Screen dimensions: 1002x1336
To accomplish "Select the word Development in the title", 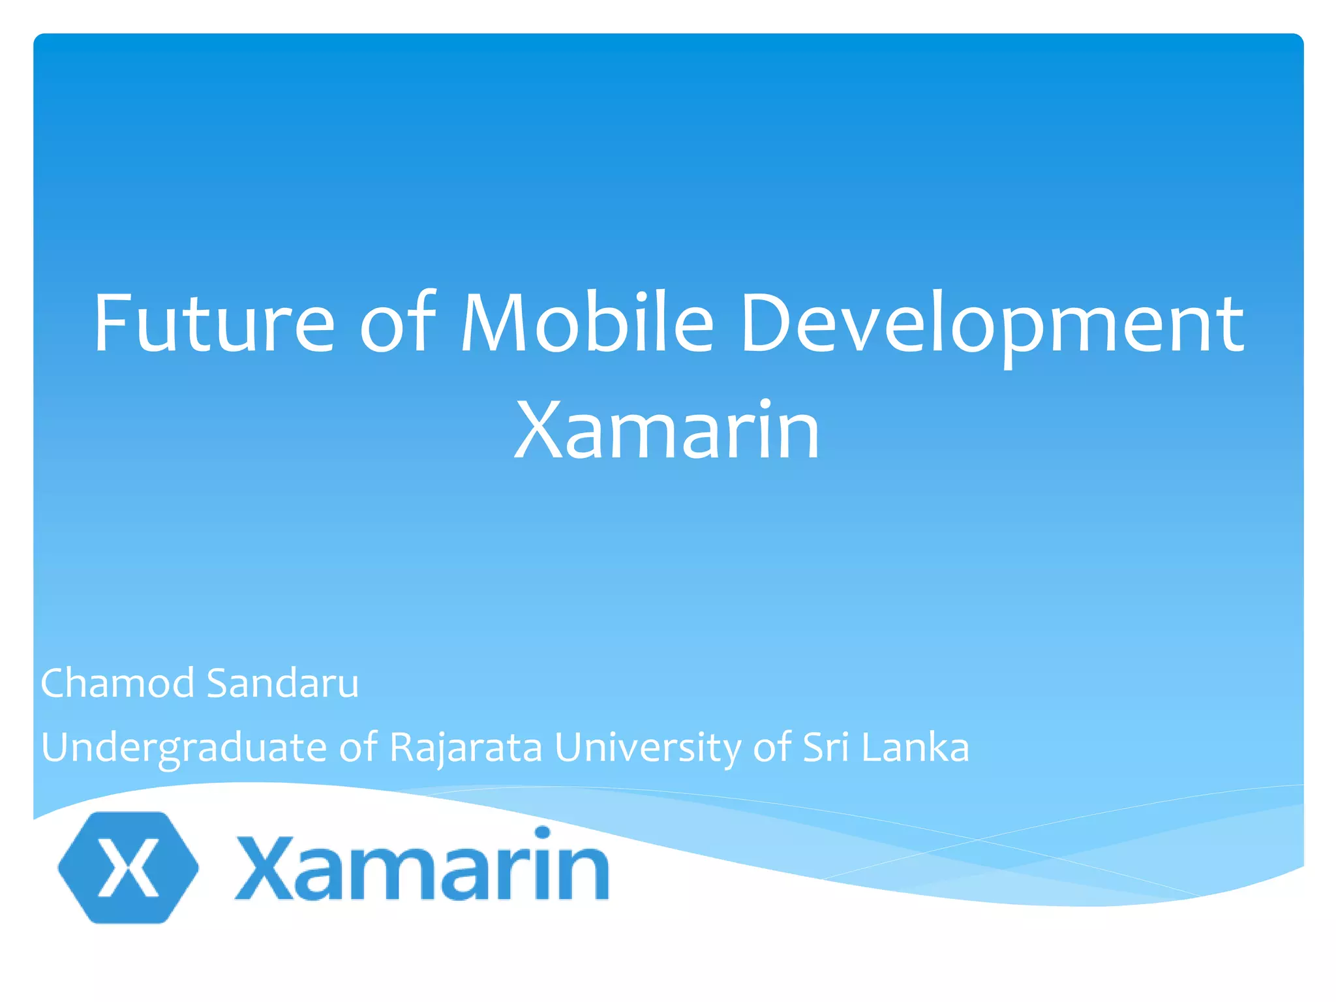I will point(992,325).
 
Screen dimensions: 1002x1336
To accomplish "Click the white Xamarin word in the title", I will point(667,431).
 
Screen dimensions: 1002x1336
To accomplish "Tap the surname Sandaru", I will point(282,684).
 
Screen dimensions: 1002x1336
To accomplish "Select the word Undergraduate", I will point(183,748).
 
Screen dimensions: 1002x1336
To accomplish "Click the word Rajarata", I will point(466,748).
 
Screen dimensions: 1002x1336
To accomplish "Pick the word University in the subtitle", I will point(648,748).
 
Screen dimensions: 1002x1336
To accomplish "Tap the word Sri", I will point(826,748).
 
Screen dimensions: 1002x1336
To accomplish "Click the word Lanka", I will point(915,748).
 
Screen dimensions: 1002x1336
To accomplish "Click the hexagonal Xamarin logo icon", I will point(129,867).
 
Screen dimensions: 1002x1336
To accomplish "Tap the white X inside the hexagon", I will point(129,867).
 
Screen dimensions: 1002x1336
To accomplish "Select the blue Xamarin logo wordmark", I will point(423,867).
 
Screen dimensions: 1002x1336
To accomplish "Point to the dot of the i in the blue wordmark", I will point(542,833).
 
